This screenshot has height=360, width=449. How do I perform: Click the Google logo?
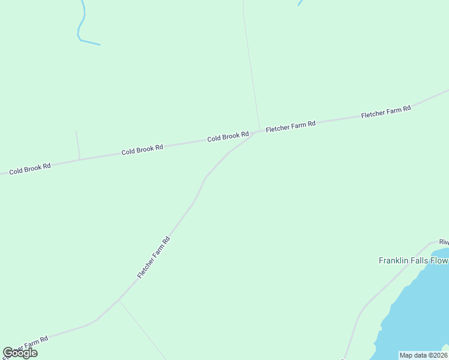click(20, 353)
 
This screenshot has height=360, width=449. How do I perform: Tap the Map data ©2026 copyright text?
click(423, 355)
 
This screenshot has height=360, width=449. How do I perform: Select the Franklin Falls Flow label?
click(413, 260)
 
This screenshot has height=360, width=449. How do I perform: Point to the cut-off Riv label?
click(444, 242)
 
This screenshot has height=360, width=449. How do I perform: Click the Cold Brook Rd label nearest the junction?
click(228, 137)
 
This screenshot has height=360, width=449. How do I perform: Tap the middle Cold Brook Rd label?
click(142, 149)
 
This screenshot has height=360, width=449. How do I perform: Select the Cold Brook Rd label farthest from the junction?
click(29, 168)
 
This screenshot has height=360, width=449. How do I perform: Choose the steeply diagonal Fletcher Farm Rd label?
click(154, 257)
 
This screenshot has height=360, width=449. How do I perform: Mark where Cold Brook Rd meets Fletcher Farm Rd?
click(257, 132)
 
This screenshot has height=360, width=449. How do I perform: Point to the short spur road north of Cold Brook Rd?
click(77, 144)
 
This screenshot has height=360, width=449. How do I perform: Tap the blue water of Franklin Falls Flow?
click(414, 312)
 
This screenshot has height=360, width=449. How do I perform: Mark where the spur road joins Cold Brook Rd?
click(79, 159)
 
